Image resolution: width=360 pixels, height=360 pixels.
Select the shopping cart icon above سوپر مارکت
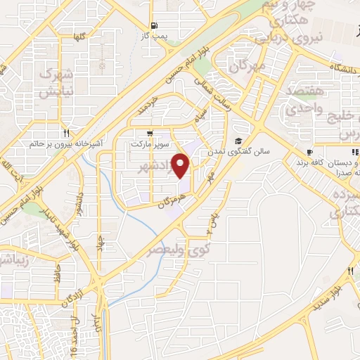coord(149,132)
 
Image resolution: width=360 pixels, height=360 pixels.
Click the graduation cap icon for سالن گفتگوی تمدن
coord(239,140)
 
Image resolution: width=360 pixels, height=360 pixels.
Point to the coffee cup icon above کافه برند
coord(309,153)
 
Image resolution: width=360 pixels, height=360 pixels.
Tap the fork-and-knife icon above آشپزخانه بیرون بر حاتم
coord(66,132)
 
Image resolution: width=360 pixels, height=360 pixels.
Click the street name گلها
coord(80,36)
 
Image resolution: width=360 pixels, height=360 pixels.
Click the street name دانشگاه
coord(339,70)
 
